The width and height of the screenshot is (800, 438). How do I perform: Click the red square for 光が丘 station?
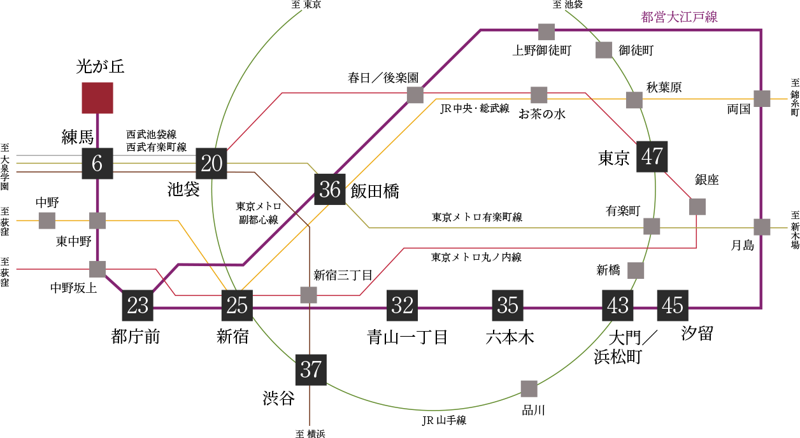97,98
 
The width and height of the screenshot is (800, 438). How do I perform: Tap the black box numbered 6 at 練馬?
97,164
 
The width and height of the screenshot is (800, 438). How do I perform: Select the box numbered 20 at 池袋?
211,164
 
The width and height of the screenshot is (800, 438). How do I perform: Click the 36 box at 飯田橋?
330,189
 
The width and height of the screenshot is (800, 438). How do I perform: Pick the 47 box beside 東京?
652,157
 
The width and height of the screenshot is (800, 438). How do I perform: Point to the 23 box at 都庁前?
138,306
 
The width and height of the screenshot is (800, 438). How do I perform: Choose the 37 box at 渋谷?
311,370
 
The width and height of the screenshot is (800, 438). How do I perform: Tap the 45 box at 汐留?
673,306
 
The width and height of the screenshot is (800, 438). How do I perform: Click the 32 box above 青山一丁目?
402,306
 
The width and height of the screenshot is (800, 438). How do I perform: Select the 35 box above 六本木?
508,306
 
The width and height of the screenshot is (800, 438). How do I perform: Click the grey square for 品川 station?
529,389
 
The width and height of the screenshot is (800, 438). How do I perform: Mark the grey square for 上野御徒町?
546,32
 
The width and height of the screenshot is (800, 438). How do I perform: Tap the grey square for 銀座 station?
697,207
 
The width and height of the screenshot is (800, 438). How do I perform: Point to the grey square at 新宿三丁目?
308,295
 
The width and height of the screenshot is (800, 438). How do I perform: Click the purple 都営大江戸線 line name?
679,17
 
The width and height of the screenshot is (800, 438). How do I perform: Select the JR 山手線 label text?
445,420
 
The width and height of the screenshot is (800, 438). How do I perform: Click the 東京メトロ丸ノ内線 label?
476,257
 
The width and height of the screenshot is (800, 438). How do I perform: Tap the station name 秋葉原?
664,87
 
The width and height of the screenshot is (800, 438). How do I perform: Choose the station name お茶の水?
542,114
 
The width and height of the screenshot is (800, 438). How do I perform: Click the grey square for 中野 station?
46,221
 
